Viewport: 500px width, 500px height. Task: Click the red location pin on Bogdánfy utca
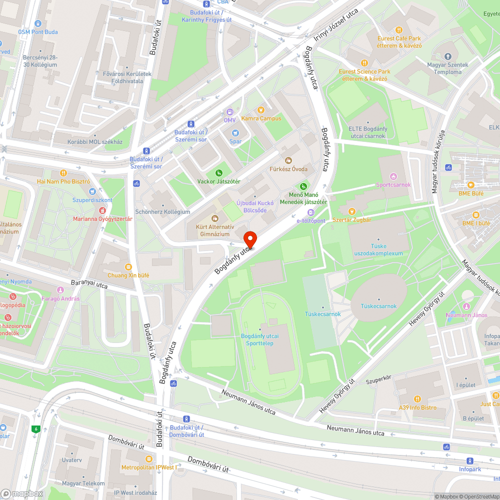pos(249,239)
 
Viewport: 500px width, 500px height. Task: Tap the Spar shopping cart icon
pos(235,133)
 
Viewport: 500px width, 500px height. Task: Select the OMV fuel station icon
pos(229,112)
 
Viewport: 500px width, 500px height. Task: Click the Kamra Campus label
pos(261,118)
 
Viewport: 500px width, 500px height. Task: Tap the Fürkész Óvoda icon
pos(288,160)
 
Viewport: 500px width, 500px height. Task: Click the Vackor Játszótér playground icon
pos(219,172)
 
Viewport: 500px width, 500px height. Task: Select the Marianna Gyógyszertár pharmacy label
pos(102,219)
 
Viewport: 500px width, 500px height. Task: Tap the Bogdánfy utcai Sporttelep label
pos(259,339)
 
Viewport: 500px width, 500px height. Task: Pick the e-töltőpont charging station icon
pos(311,212)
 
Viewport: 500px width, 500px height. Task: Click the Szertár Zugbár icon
pos(351,211)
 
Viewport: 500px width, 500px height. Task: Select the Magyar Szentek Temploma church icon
pos(447,56)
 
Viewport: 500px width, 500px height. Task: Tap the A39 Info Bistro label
pos(417,407)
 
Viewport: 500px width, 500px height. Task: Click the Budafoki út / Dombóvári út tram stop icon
pos(186,419)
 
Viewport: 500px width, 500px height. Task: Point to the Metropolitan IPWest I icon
pos(148,459)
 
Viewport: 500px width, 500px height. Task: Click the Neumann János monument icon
pos(466,306)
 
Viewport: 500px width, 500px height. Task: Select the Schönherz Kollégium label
pos(162,211)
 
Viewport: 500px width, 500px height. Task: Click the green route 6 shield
pos(35,428)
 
